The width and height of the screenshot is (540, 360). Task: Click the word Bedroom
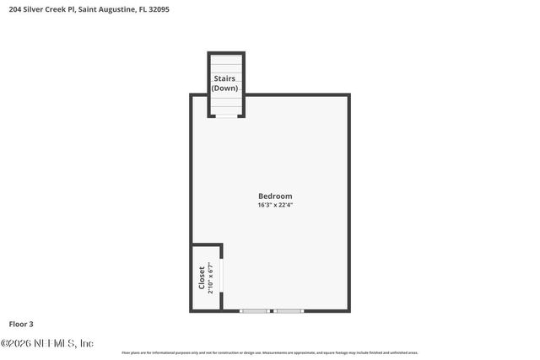point(275,196)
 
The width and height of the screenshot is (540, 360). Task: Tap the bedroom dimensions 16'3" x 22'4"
point(275,205)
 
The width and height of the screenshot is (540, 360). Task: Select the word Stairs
point(224,78)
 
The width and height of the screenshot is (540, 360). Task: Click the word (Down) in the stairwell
point(224,88)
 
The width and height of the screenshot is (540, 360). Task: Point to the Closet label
point(202,278)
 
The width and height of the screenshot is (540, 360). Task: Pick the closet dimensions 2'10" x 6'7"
point(211,278)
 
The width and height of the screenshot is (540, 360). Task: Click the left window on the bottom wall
point(254,311)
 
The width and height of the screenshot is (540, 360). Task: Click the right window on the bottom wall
point(289,311)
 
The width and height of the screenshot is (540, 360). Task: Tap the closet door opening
point(222,278)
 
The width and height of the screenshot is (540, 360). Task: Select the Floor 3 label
point(21,324)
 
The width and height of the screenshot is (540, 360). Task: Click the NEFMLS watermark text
point(47,343)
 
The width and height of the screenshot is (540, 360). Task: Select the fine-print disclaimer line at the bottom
point(270,352)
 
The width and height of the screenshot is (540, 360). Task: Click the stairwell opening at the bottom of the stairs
point(226,116)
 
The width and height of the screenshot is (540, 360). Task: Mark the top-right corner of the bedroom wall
point(348,95)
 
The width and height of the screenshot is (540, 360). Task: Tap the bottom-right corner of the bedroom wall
point(348,311)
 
